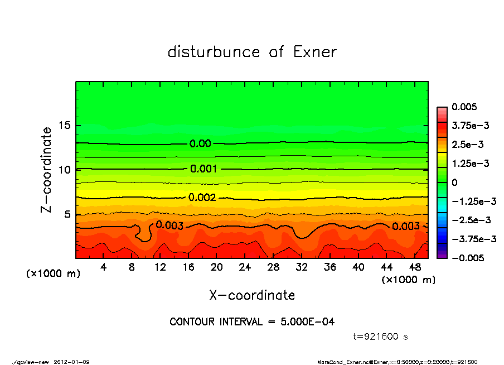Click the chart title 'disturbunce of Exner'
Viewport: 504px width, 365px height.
point(252,52)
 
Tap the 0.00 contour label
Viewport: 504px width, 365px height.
point(200,143)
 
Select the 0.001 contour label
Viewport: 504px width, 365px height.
point(203,169)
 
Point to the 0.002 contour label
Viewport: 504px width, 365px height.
point(201,197)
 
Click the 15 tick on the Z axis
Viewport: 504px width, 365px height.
point(65,125)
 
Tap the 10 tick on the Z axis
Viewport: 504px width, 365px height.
point(65,169)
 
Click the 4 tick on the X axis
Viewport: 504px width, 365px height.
point(104,267)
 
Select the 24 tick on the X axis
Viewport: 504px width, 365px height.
point(245,267)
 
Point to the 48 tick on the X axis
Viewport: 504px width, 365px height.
point(415,267)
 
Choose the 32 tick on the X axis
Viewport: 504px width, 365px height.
point(302,267)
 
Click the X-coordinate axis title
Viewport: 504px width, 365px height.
point(252,295)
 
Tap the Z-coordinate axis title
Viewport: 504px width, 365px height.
point(46,169)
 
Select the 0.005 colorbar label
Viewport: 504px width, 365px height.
point(464,107)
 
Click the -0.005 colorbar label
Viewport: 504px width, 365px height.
point(466,258)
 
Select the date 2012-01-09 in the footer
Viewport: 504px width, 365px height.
point(71,362)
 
